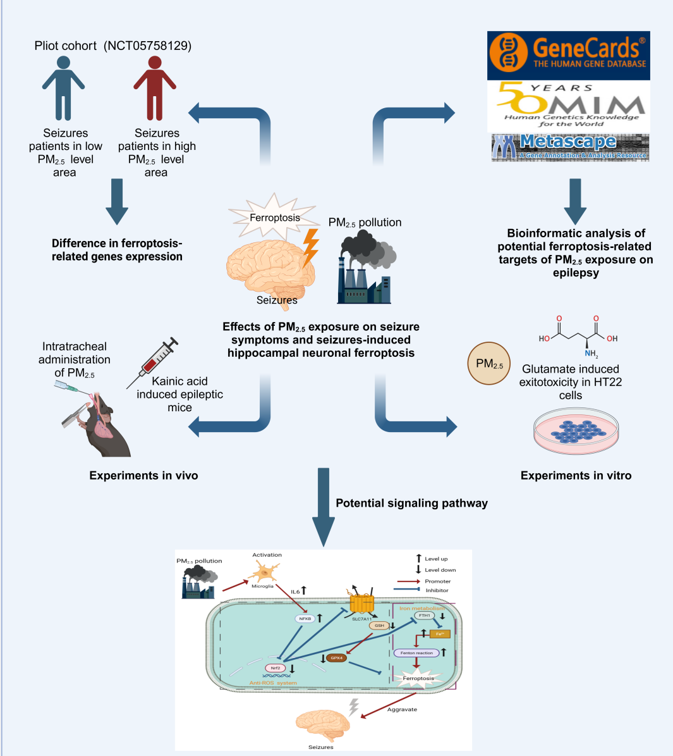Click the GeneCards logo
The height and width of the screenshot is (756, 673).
[x=568, y=56]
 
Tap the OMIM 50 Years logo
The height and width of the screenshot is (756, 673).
[x=568, y=106]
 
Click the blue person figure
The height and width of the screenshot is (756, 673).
[x=63, y=88]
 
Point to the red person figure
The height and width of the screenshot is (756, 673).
[x=155, y=88]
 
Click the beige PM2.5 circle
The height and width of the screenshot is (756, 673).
[x=489, y=364]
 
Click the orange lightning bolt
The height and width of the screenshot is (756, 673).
[x=310, y=247]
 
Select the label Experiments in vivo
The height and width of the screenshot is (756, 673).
[x=143, y=476]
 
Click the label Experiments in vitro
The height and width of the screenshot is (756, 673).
[x=576, y=476]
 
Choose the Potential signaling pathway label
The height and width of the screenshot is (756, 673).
[x=411, y=504]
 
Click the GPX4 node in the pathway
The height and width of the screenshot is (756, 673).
[x=336, y=658]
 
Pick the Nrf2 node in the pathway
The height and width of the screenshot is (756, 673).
[x=276, y=668]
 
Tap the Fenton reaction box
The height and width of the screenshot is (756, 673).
[x=416, y=653]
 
